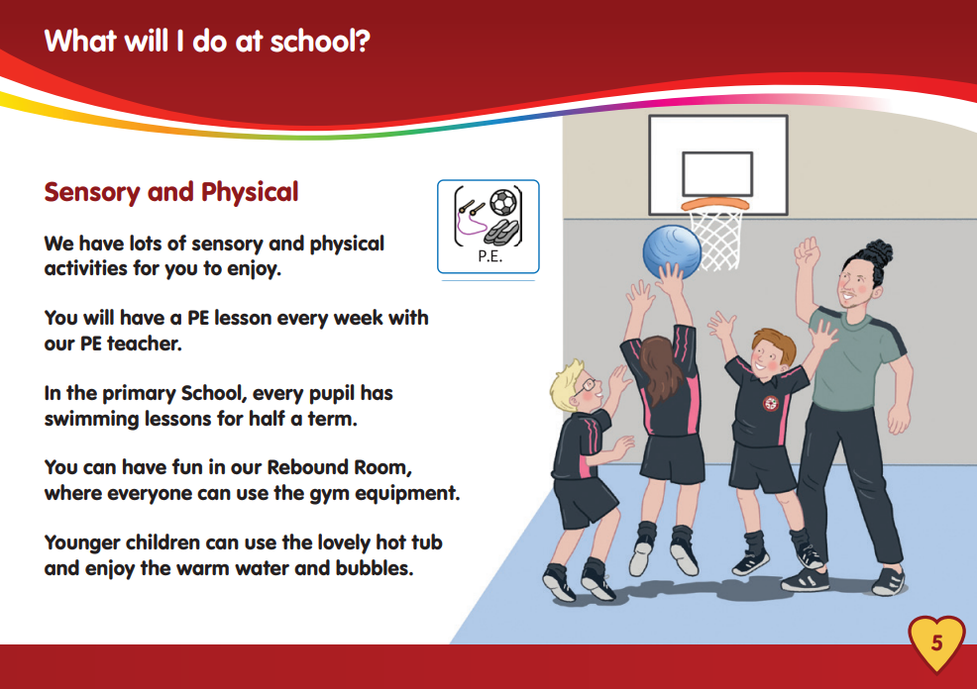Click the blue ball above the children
(x=672, y=252)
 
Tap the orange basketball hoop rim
(x=715, y=205)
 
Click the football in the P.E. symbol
(x=502, y=203)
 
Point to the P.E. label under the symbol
(x=489, y=256)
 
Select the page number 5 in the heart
(x=937, y=642)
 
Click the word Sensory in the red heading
(x=92, y=192)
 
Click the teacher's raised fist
(x=807, y=252)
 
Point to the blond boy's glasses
(x=586, y=386)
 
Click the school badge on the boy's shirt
(x=771, y=403)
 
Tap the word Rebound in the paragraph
(x=306, y=467)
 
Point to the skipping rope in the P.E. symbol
(x=471, y=216)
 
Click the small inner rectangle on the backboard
(x=717, y=174)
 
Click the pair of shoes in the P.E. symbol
(x=501, y=232)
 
